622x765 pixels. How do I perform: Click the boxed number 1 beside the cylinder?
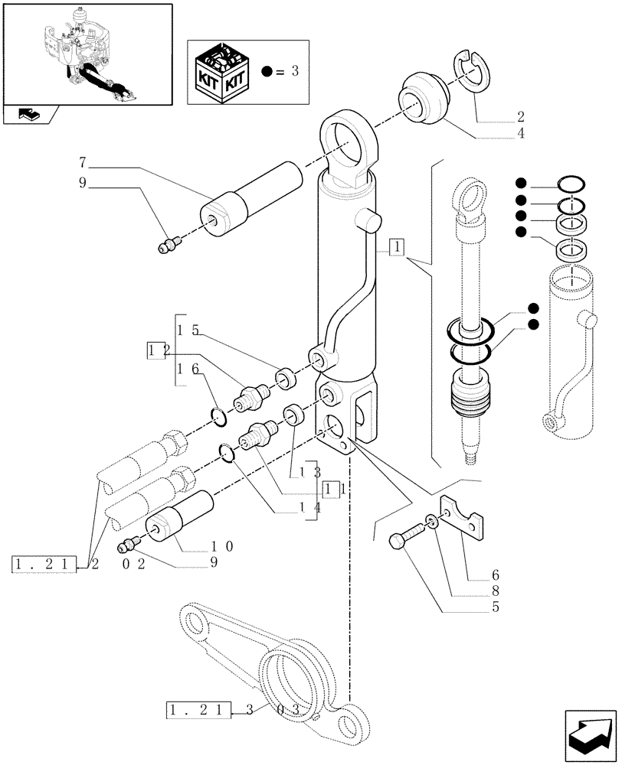tap(397, 246)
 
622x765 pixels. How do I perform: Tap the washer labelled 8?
tap(434, 522)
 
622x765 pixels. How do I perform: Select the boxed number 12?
tap(156, 350)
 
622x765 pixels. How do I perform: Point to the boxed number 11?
tap(331, 488)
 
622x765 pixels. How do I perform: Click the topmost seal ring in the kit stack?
tap(572, 184)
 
